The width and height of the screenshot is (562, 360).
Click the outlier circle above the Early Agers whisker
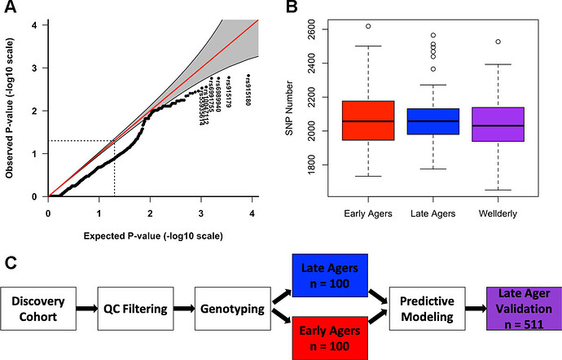[368, 26]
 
